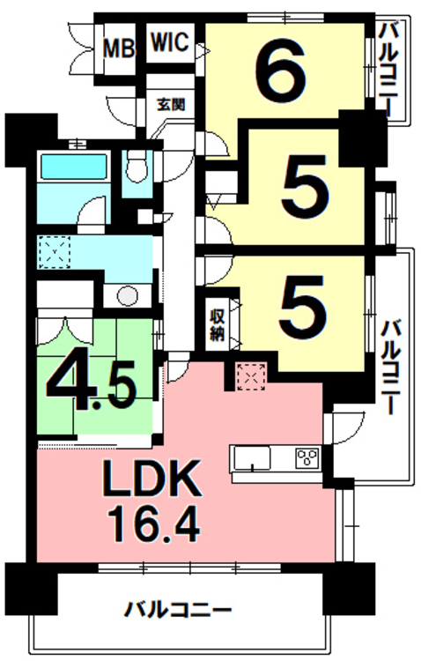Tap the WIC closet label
169,42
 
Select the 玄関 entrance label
171,104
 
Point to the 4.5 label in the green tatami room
91,379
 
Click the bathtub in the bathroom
73,167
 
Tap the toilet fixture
137,167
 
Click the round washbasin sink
128,296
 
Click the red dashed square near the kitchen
251,376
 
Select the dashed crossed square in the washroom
55,252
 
